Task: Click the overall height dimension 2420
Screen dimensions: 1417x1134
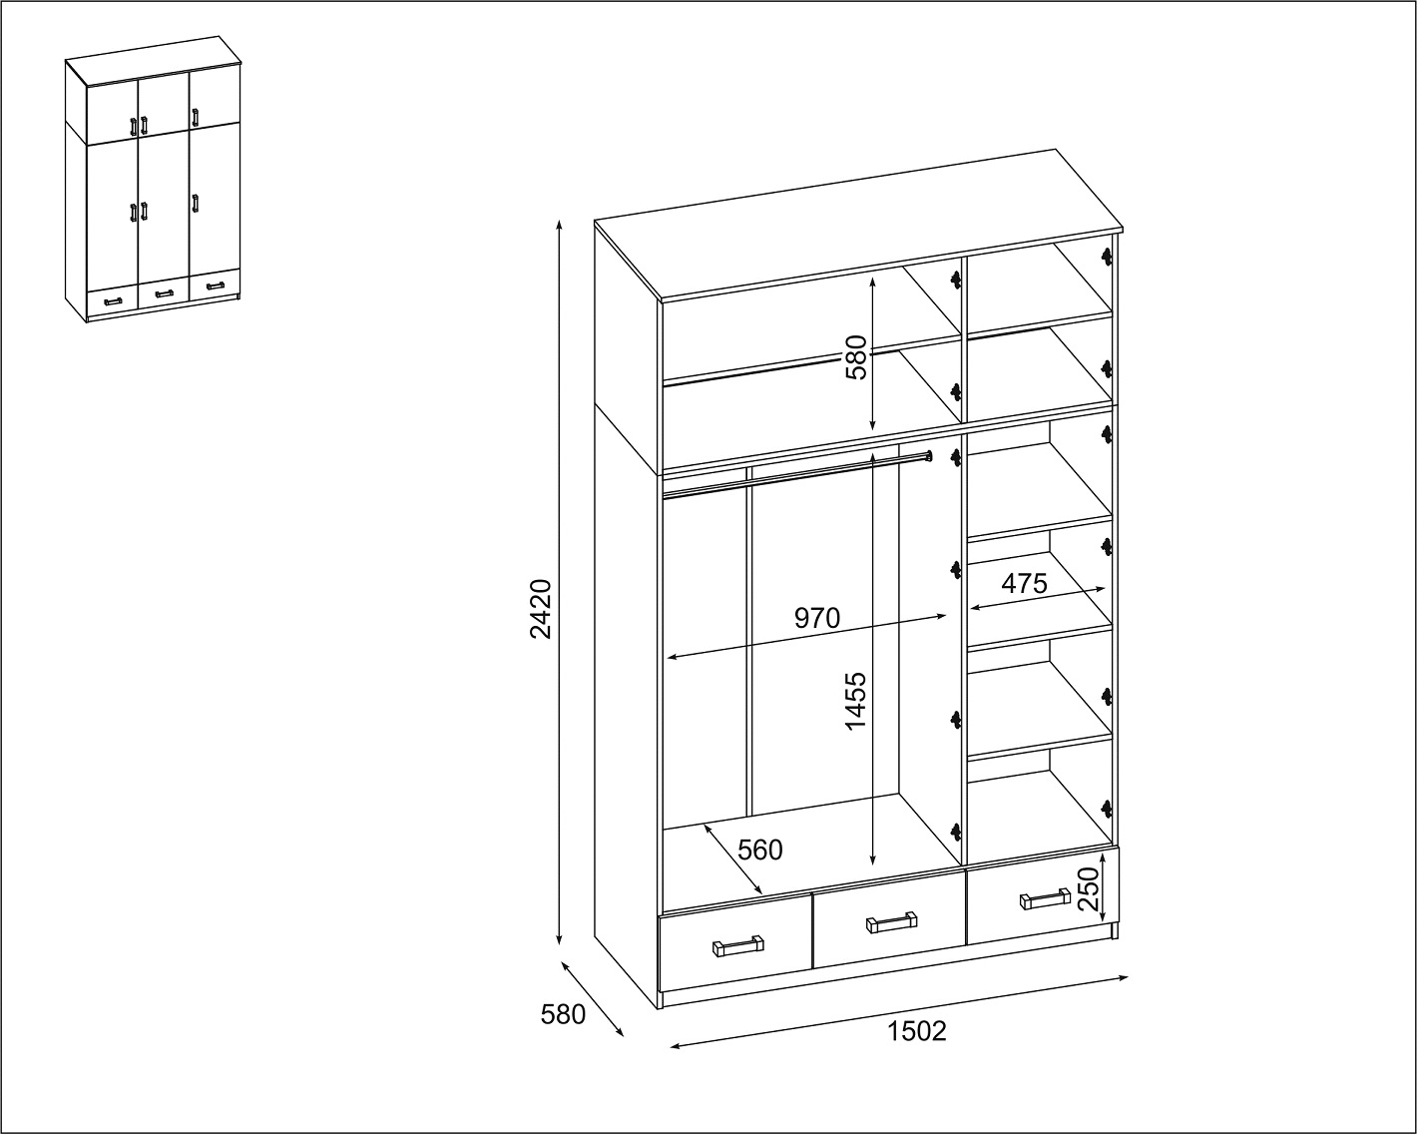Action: [x=541, y=609]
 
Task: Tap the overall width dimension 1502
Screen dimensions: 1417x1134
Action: [x=917, y=1031]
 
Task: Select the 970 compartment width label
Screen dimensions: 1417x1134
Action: [x=817, y=618]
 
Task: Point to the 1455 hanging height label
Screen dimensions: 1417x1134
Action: [x=855, y=701]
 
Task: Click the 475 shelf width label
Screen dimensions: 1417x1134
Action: [x=1024, y=583]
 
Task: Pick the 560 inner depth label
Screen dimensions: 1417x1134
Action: [x=759, y=850]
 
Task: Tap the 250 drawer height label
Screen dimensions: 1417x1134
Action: [x=1089, y=888]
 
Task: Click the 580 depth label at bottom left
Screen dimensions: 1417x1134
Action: [x=563, y=1015]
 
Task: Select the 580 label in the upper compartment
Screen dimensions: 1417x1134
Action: [x=856, y=357]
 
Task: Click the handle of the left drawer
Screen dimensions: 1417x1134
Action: [x=738, y=946]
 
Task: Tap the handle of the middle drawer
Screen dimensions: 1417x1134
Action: [x=891, y=922]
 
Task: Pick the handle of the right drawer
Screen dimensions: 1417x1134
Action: [x=1045, y=898]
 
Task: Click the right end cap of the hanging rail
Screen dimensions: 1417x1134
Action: [x=928, y=455]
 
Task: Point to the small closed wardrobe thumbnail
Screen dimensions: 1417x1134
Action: [x=153, y=180]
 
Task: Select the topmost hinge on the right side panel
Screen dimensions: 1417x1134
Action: [x=1107, y=257]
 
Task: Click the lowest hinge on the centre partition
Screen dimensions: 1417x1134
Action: [x=955, y=833]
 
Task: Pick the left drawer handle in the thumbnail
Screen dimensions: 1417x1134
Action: [x=113, y=301]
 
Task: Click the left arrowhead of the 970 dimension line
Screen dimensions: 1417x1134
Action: [x=673, y=656]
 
